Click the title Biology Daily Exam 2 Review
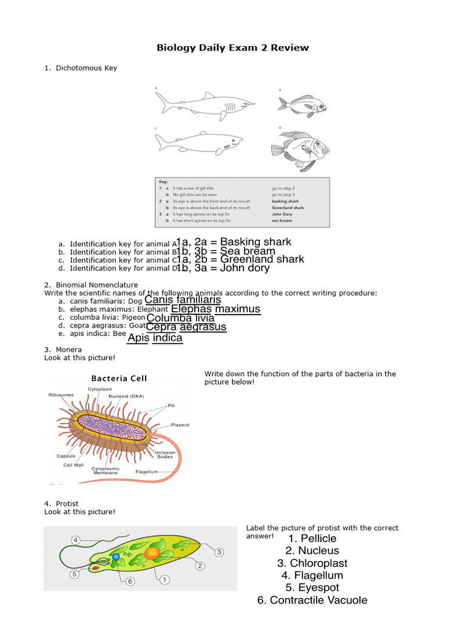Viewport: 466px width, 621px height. [x=233, y=47]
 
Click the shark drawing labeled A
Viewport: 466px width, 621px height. [x=200, y=104]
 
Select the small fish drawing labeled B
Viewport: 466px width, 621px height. [x=302, y=104]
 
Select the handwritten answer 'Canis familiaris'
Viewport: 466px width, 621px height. [x=183, y=300]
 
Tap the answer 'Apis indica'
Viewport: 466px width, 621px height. [x=155, y=338]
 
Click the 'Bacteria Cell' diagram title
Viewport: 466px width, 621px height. [x=119, y=378]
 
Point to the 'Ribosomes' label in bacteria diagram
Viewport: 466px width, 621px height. [x=61, y=395]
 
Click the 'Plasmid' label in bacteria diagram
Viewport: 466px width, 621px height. [x=180, y=425]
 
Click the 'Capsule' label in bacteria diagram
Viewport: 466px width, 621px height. [x=66, y=456]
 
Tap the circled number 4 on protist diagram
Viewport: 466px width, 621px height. [x=75, y=540]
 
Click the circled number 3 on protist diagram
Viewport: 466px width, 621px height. [x=219, y=552]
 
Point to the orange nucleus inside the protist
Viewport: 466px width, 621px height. [x=152, y=552]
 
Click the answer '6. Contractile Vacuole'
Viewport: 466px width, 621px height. [x=312, y=600]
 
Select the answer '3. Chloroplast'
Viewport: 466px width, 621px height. [x=312, y=563]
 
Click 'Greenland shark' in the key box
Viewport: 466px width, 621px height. [x=288, y=207]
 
